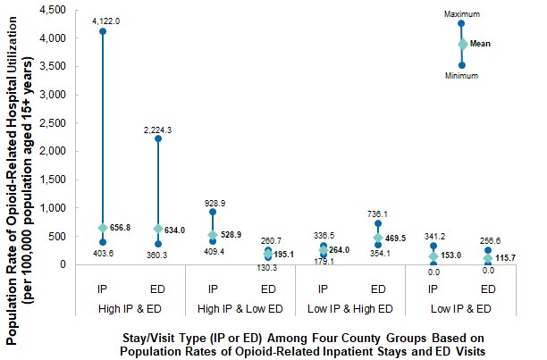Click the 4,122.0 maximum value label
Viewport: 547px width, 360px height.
pyautogui.click(x=103, y=20)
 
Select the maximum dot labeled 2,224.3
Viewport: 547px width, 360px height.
pyautogui.click(x=158, y=138)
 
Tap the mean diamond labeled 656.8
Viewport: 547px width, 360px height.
pyautogui.click(x=103, y=227)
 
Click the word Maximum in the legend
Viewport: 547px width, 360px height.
pyautogui.click(x=462, y=13)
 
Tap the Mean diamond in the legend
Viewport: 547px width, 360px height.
pyautogui.click(x=462, y=44)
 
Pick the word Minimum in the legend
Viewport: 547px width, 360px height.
pyautogui.click(x=462, y=76)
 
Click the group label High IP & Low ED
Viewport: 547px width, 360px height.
pyautogui.click(x=240, y=308)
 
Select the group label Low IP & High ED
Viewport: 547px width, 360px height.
pyautogui.click(x=350, y=308)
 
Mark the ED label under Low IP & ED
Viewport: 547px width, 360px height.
pyautogui.click(x=488, y=289)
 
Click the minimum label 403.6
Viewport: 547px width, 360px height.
pyautogui.click(x=103, y=254)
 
